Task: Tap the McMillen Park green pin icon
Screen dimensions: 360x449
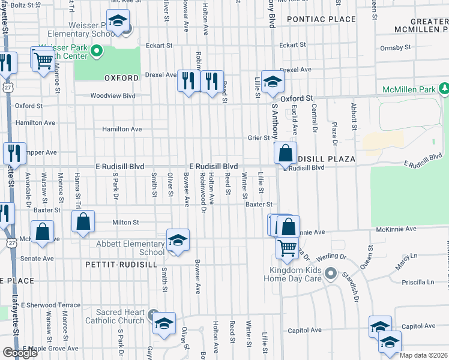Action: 444,89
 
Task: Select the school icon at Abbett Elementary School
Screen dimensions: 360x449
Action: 178,241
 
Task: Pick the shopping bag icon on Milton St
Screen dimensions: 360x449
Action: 83,220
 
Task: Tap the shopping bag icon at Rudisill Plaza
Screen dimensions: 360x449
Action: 285,152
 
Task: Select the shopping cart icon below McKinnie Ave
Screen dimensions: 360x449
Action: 288,246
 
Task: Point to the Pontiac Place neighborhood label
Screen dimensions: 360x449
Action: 321,20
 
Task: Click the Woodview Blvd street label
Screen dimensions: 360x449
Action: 113,95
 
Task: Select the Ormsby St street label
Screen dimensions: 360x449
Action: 395,47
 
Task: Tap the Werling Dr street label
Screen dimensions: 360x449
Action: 334,256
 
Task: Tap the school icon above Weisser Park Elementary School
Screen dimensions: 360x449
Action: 118,21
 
